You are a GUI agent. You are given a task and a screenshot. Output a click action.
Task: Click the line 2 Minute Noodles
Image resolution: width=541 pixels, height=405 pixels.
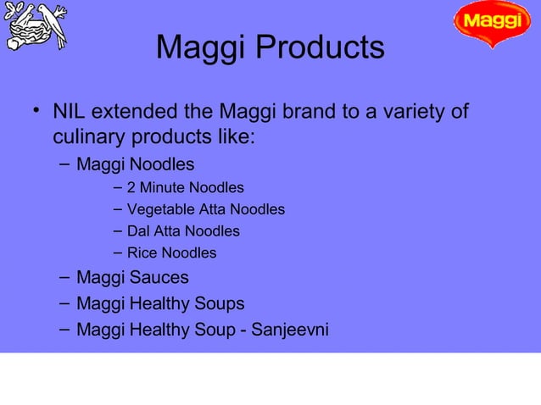[x=185, y=187]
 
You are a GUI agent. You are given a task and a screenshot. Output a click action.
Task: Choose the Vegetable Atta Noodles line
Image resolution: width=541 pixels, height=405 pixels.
[x=205, y=209]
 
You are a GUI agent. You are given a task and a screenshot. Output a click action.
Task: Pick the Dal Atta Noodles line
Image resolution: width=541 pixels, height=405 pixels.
[x=183, y=231]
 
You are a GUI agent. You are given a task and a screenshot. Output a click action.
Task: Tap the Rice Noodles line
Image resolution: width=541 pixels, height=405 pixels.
[x=171, y=253]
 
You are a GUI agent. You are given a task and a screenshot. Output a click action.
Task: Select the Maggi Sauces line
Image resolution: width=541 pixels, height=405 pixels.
[x=132, y=278]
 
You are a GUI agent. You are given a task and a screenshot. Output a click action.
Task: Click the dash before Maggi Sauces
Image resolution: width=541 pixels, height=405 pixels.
[x=64, y=277]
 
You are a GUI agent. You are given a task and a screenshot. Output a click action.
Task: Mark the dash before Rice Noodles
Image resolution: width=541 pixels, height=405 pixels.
[x=117, y=252]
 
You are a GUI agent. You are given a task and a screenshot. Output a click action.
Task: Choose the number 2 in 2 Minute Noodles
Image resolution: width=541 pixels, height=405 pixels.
[x=131, y=187]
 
